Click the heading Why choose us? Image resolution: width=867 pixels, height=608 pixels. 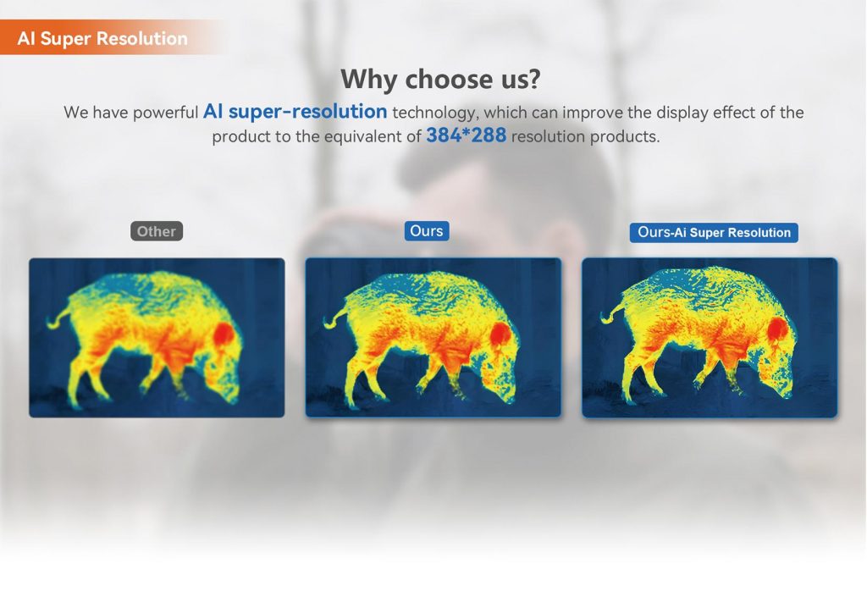click(440, 79)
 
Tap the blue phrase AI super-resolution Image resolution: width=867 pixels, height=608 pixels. click(295, 112)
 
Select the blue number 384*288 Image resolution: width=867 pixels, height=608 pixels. click(466, 135)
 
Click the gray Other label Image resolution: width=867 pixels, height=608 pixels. click(157, 231)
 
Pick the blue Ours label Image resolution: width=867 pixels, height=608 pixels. click(427, 230)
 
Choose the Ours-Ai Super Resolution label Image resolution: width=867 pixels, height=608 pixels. click(714, 232)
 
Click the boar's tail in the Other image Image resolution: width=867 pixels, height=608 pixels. click(58, 318)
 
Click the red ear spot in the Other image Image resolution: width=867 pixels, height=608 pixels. click(224, 334)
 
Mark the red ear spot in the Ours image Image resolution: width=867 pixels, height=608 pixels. click(500, 334)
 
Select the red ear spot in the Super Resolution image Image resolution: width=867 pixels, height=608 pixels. click(777, 329)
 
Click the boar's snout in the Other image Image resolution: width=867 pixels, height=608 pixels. click(231, 394)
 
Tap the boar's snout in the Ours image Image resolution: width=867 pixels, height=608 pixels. click(508, 394)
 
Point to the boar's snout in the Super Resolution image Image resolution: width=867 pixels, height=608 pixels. click(785, 390)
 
